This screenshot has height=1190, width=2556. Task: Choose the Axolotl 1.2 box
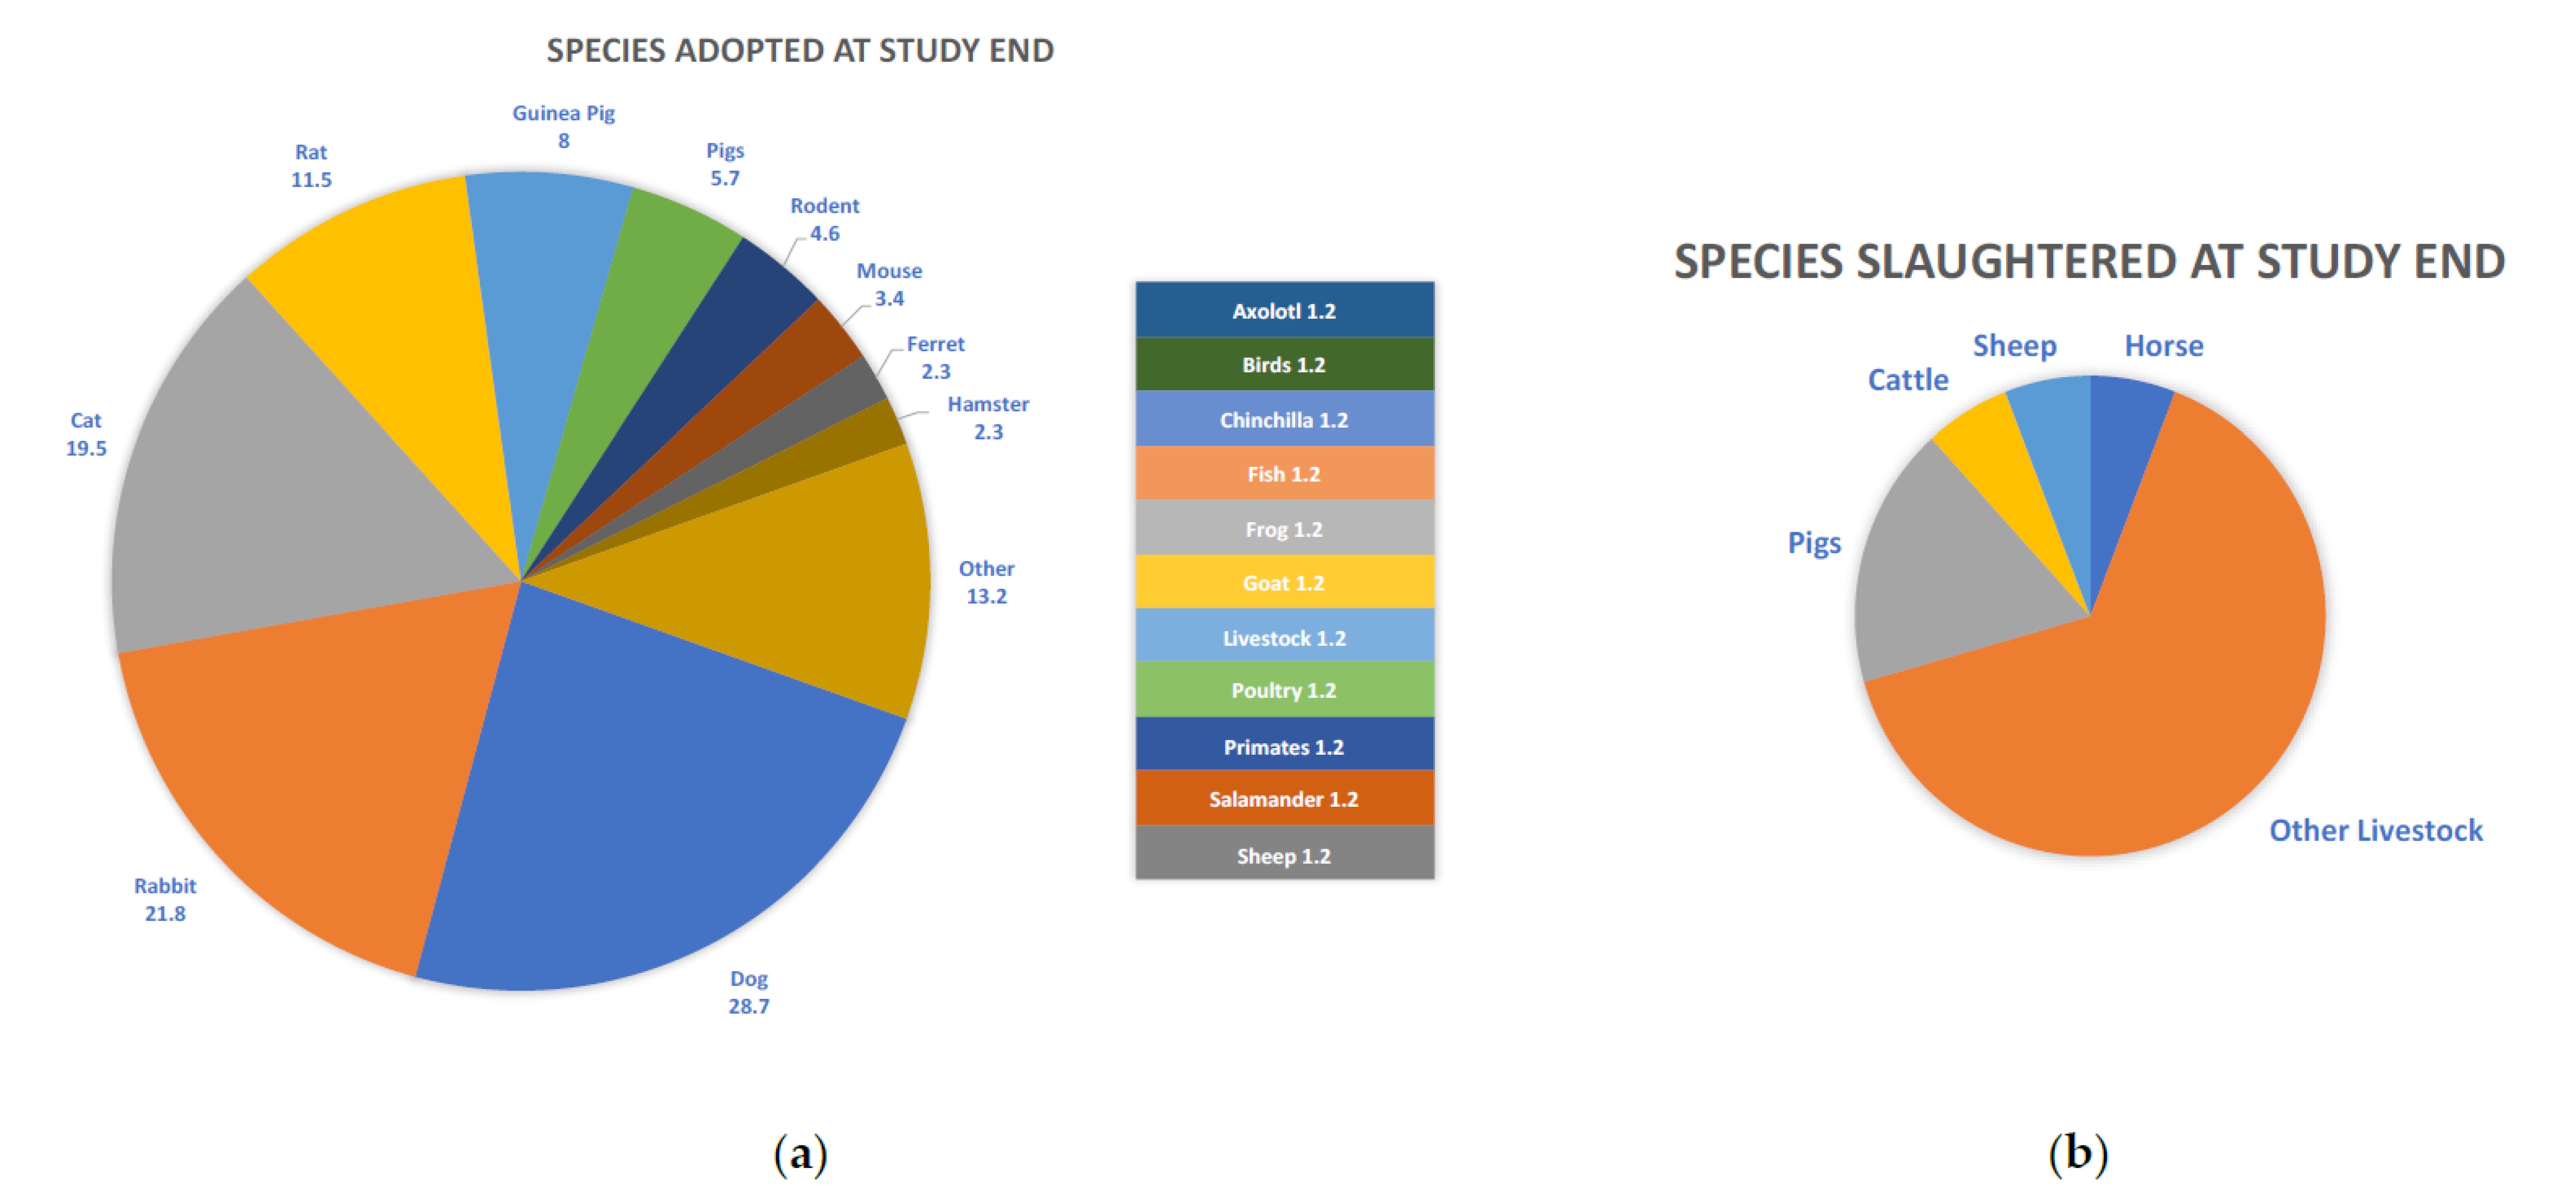(x=1284, y=310)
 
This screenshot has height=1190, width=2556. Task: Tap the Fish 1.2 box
(x=1284, y=474)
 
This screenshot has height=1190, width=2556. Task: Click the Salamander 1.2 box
(x=1284, y=799)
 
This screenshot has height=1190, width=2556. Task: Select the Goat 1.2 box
(x=1284, y=583)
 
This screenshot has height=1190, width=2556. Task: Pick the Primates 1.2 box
(x=1284, y=747)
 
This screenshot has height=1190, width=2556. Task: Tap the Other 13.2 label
(x=986, y=582)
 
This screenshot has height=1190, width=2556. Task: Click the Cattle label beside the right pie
(x=1907, y=380)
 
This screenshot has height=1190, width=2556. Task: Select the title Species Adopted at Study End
(x=800, y=50)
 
